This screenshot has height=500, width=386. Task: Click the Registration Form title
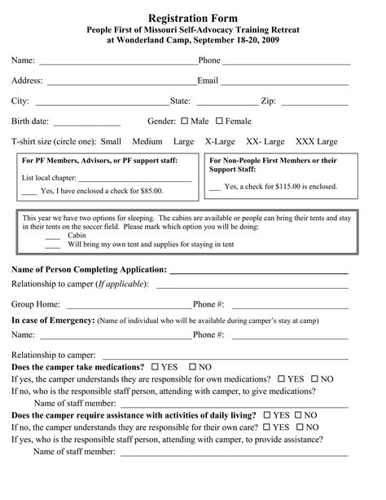[x=193, y=17]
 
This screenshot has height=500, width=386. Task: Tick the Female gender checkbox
[x=220, y=122]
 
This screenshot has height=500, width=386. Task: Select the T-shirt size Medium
[x=147, y=142]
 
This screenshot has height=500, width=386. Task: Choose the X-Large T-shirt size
[x=221, y=142]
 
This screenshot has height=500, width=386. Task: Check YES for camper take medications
[x=156, y=368]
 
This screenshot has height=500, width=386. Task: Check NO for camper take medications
[x=192, y=368]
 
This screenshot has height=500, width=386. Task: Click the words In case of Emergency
[x=53, y=321]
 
